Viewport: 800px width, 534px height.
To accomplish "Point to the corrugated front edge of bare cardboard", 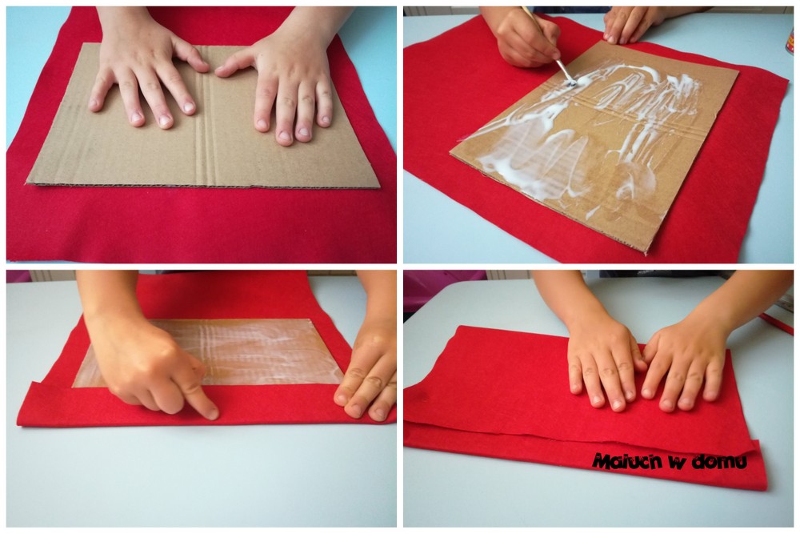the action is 204,185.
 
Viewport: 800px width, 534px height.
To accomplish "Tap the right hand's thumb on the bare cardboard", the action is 234,64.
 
